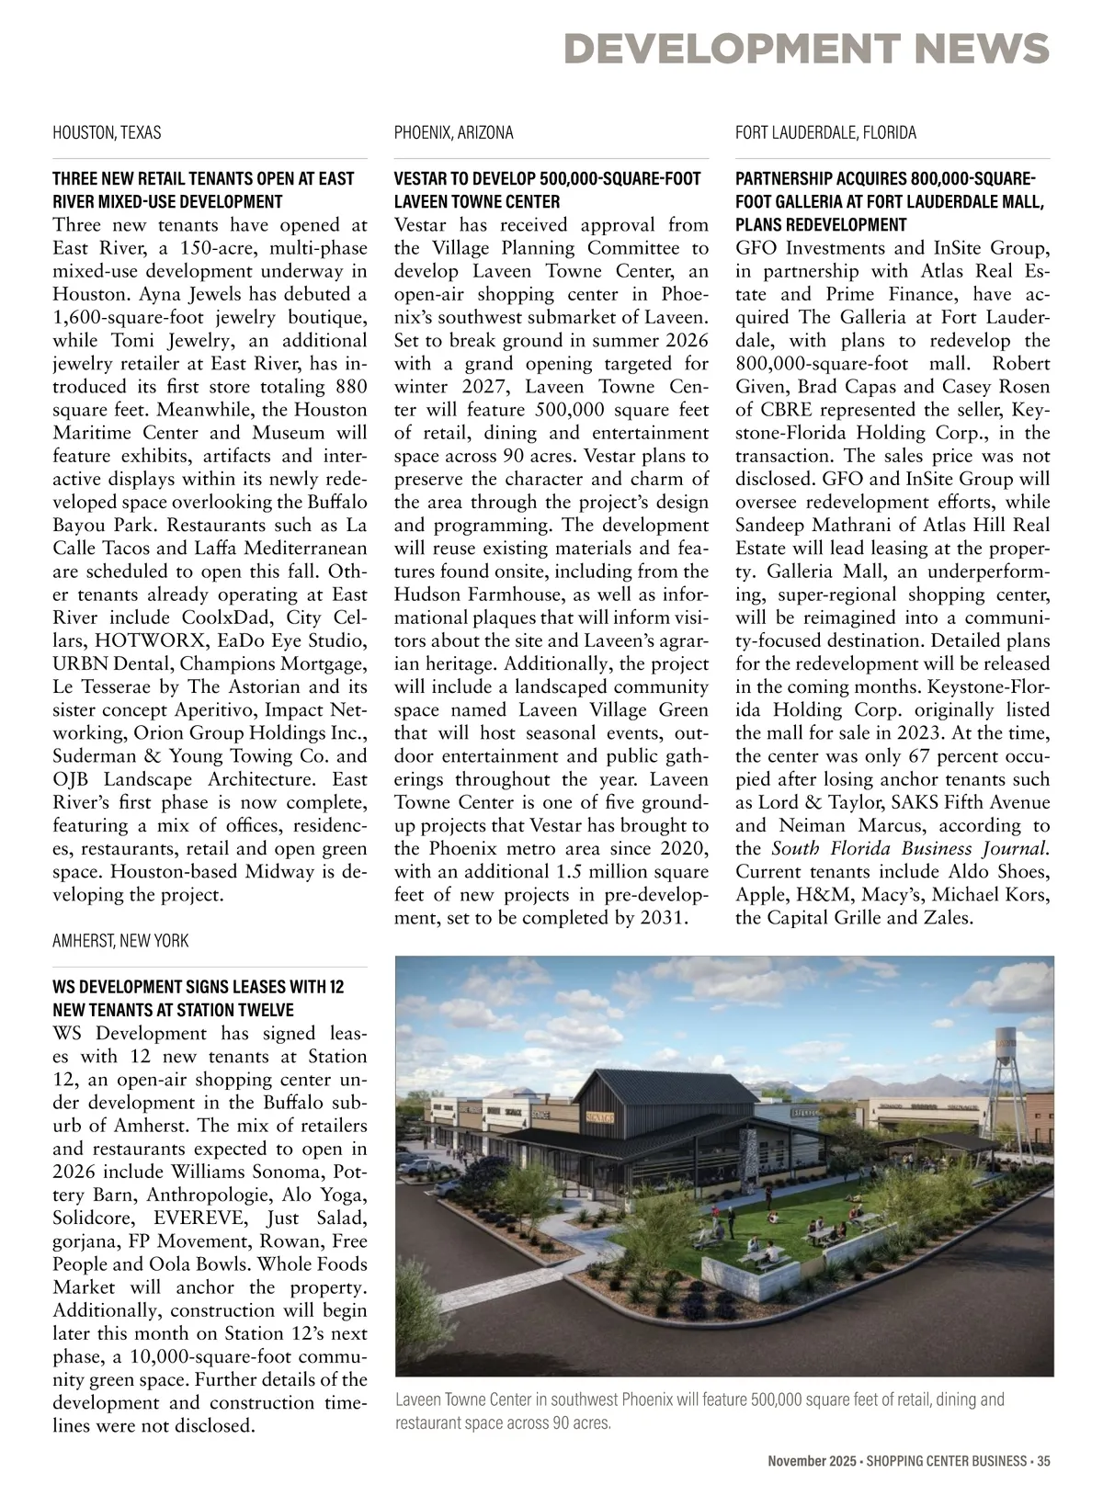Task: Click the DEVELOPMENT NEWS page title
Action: point(806,48)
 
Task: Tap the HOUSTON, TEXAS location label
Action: point(107,132)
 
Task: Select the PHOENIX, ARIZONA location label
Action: point(453,132)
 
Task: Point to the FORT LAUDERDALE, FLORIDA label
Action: point(825,132)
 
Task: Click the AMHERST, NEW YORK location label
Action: point(120,941)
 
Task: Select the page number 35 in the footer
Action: point(1042,1461)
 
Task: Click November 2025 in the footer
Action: point(812,1461)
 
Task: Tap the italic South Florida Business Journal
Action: point(910,848)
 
